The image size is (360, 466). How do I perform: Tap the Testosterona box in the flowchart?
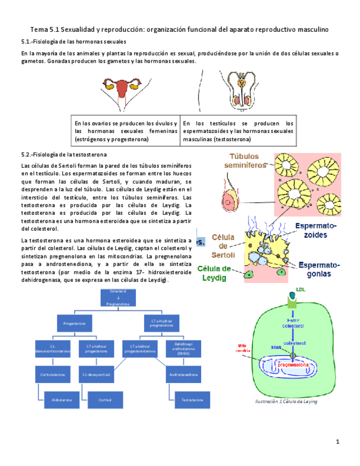pyautogui.click(x=188, y=400)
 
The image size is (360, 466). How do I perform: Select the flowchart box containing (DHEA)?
pyautogui.click(x=180, y=349)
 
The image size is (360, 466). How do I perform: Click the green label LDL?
pyautogui.click(x=300, y=289)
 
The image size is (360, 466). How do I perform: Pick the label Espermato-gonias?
pyautogui.click(x=320, y=269)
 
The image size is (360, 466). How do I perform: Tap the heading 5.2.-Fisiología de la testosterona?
pyautogui.click(x=64, y=154)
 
